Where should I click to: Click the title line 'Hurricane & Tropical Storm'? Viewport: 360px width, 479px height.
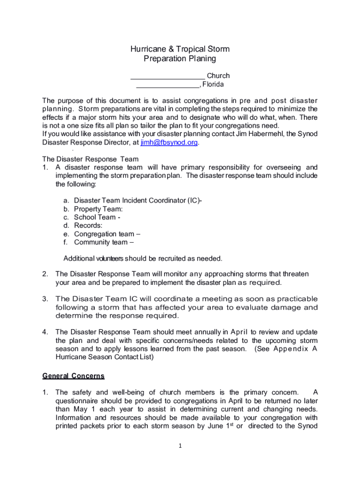[x=180, y=49]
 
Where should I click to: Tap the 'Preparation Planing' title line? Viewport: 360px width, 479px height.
[x=180, y=59]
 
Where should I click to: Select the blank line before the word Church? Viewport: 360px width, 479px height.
[x=167, y=76]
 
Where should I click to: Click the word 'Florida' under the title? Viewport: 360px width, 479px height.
[x=213, y=85]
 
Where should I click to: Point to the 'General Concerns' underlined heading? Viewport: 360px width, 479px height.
[x=73, y=376]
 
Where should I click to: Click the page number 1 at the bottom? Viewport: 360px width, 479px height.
[x=180, y=446]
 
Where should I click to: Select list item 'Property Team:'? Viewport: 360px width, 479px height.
[x=98, y=209]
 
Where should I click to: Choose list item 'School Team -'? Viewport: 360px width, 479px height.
[x=97, y=218]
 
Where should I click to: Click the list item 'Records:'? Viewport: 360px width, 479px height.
[x=88, y=225]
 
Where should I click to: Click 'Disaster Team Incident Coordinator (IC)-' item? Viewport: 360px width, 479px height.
[x=138, y=201]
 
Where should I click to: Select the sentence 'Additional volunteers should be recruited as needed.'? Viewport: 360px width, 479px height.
[x=143, y=258]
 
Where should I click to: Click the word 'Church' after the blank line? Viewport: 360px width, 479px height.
[x=218, y=76]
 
